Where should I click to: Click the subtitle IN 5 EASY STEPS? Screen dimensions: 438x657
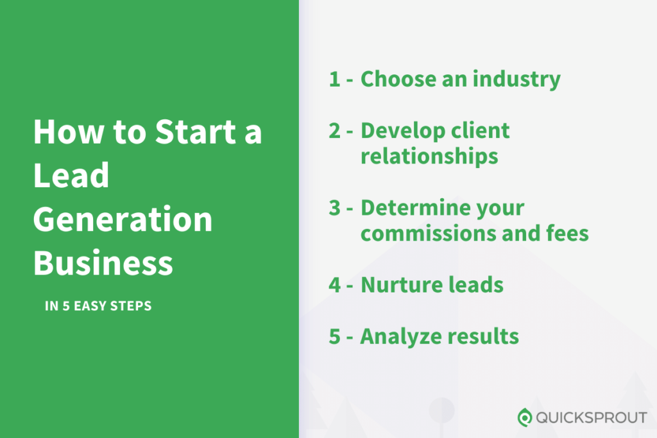pyautogui.click(x=98, y=306)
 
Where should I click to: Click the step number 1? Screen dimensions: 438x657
pyautogui.click(x=334, y=80)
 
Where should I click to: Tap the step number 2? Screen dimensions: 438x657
pyautogui.click(x=335, y=131)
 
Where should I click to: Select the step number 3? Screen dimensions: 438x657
pyautogui.click(x=335, y=208)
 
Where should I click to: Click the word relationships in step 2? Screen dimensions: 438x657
pyautogui.click(x=429, y=156)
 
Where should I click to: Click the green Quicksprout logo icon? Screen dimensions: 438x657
pyautogui.click(x=525, y=417)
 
